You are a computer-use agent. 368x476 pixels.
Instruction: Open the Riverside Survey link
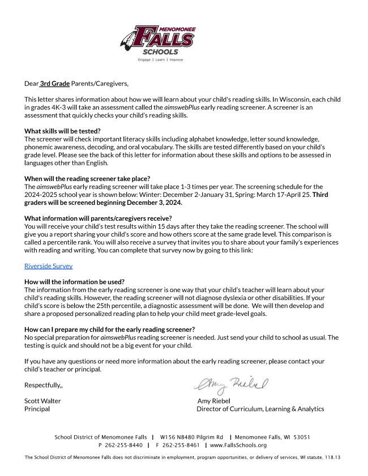48,266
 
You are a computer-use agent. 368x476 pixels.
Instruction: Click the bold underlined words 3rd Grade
55,84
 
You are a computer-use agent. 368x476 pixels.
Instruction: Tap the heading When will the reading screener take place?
87,179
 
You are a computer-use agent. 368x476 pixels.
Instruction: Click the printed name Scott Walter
42,401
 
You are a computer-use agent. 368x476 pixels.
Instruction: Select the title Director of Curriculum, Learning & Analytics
260,409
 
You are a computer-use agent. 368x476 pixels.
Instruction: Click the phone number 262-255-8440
124,445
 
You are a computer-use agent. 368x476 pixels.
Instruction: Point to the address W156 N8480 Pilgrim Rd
191,438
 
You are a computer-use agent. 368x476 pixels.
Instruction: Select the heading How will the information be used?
75,282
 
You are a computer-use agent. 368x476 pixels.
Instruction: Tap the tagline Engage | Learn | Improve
160,59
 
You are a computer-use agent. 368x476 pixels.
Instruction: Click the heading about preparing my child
110,329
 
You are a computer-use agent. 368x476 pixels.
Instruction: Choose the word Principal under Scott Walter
37,409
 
